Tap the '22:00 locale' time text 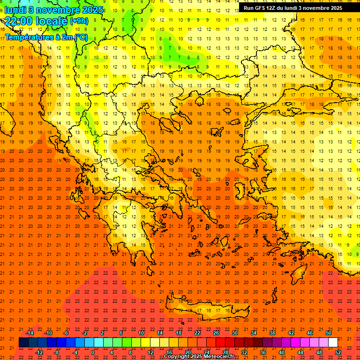(36, 21)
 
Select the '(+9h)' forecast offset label (79, 21)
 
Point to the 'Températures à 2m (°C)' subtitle (45, 37)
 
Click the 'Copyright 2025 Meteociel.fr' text (199, 357)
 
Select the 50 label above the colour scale (329, 333)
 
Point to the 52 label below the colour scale (338, 352)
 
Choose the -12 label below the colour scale (39, 352)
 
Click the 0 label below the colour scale (93, 352)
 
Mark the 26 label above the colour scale (216, 333)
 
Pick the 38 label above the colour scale (272, 333)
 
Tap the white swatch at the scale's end (333, 343)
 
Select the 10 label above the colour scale (141, 333)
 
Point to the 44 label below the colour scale (300, 352)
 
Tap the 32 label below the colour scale (244, 352)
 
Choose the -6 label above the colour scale (66, 333)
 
